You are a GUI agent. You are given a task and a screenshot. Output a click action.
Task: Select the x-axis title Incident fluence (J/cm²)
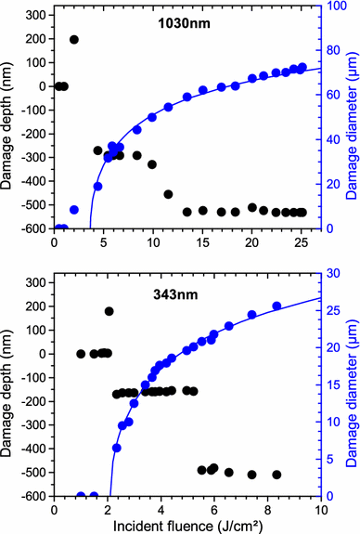coord(187,526)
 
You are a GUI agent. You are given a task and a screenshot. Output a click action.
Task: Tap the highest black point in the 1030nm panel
coord(74,40)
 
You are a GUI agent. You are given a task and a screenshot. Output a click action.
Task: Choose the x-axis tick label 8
coord(267,509)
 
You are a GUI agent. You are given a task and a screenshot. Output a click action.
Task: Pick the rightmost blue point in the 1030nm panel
coord(302,68)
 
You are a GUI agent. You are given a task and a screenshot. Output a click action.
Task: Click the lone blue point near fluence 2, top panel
coord(74,210)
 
